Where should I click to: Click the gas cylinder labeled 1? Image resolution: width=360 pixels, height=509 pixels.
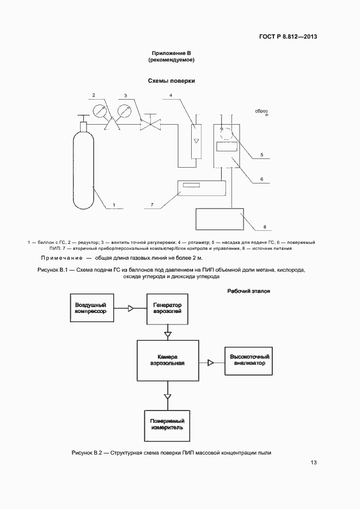[83, 169]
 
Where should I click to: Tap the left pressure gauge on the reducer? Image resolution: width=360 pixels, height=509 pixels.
[100, 111]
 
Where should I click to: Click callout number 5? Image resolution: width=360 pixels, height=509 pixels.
[261, 155]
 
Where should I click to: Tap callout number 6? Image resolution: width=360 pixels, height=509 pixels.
[261, 178]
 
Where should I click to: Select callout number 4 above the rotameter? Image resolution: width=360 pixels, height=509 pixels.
[170, 95]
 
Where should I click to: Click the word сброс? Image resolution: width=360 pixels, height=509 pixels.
[260, 112]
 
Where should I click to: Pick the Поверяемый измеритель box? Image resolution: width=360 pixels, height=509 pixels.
[167, 425]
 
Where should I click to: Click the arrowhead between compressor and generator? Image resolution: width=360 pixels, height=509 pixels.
[131, 309]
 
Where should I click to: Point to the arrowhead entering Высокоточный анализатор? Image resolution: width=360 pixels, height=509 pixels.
[210, 362]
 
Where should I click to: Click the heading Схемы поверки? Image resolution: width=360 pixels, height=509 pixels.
[172, 81]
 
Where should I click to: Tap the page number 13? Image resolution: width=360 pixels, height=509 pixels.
[314, 463]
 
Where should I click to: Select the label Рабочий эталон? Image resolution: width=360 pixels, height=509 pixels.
[249, 291]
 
